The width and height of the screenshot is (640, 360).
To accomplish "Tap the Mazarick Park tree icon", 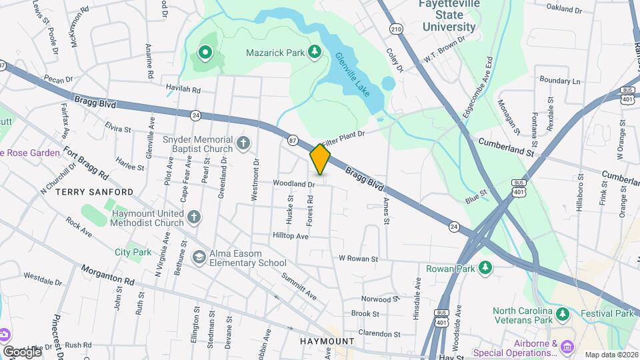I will pos(314,52).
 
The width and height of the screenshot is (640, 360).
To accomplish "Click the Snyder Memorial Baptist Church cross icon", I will pos(244,142).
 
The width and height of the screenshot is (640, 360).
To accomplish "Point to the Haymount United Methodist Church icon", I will pos(193,217).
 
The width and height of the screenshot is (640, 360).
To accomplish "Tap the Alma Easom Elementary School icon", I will pos(199,257).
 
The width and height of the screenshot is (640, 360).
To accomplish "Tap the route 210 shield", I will pos(397,29).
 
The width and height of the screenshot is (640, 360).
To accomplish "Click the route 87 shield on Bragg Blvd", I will pos(293,141).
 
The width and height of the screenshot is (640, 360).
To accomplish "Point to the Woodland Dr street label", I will pos(293,183).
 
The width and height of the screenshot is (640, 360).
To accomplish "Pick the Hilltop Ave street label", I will pos(291,236).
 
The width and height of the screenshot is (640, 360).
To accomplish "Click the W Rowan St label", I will pos(359,259).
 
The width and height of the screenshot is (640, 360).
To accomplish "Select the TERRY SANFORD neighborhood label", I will pos(94,192).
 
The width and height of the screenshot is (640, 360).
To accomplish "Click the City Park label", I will pos(133,253).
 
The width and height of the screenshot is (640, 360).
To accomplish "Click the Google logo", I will pos(22,351).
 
